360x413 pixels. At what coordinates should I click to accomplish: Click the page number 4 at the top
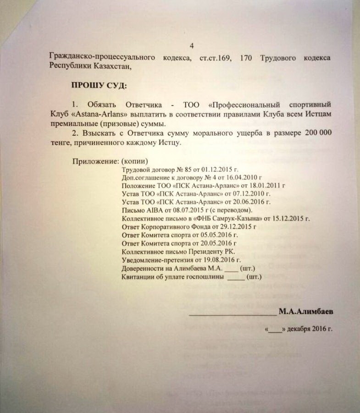[191, 45]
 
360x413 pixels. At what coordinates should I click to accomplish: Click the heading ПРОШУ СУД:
[98, 85]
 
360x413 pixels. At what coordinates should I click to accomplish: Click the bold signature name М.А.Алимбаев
[306, 312]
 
